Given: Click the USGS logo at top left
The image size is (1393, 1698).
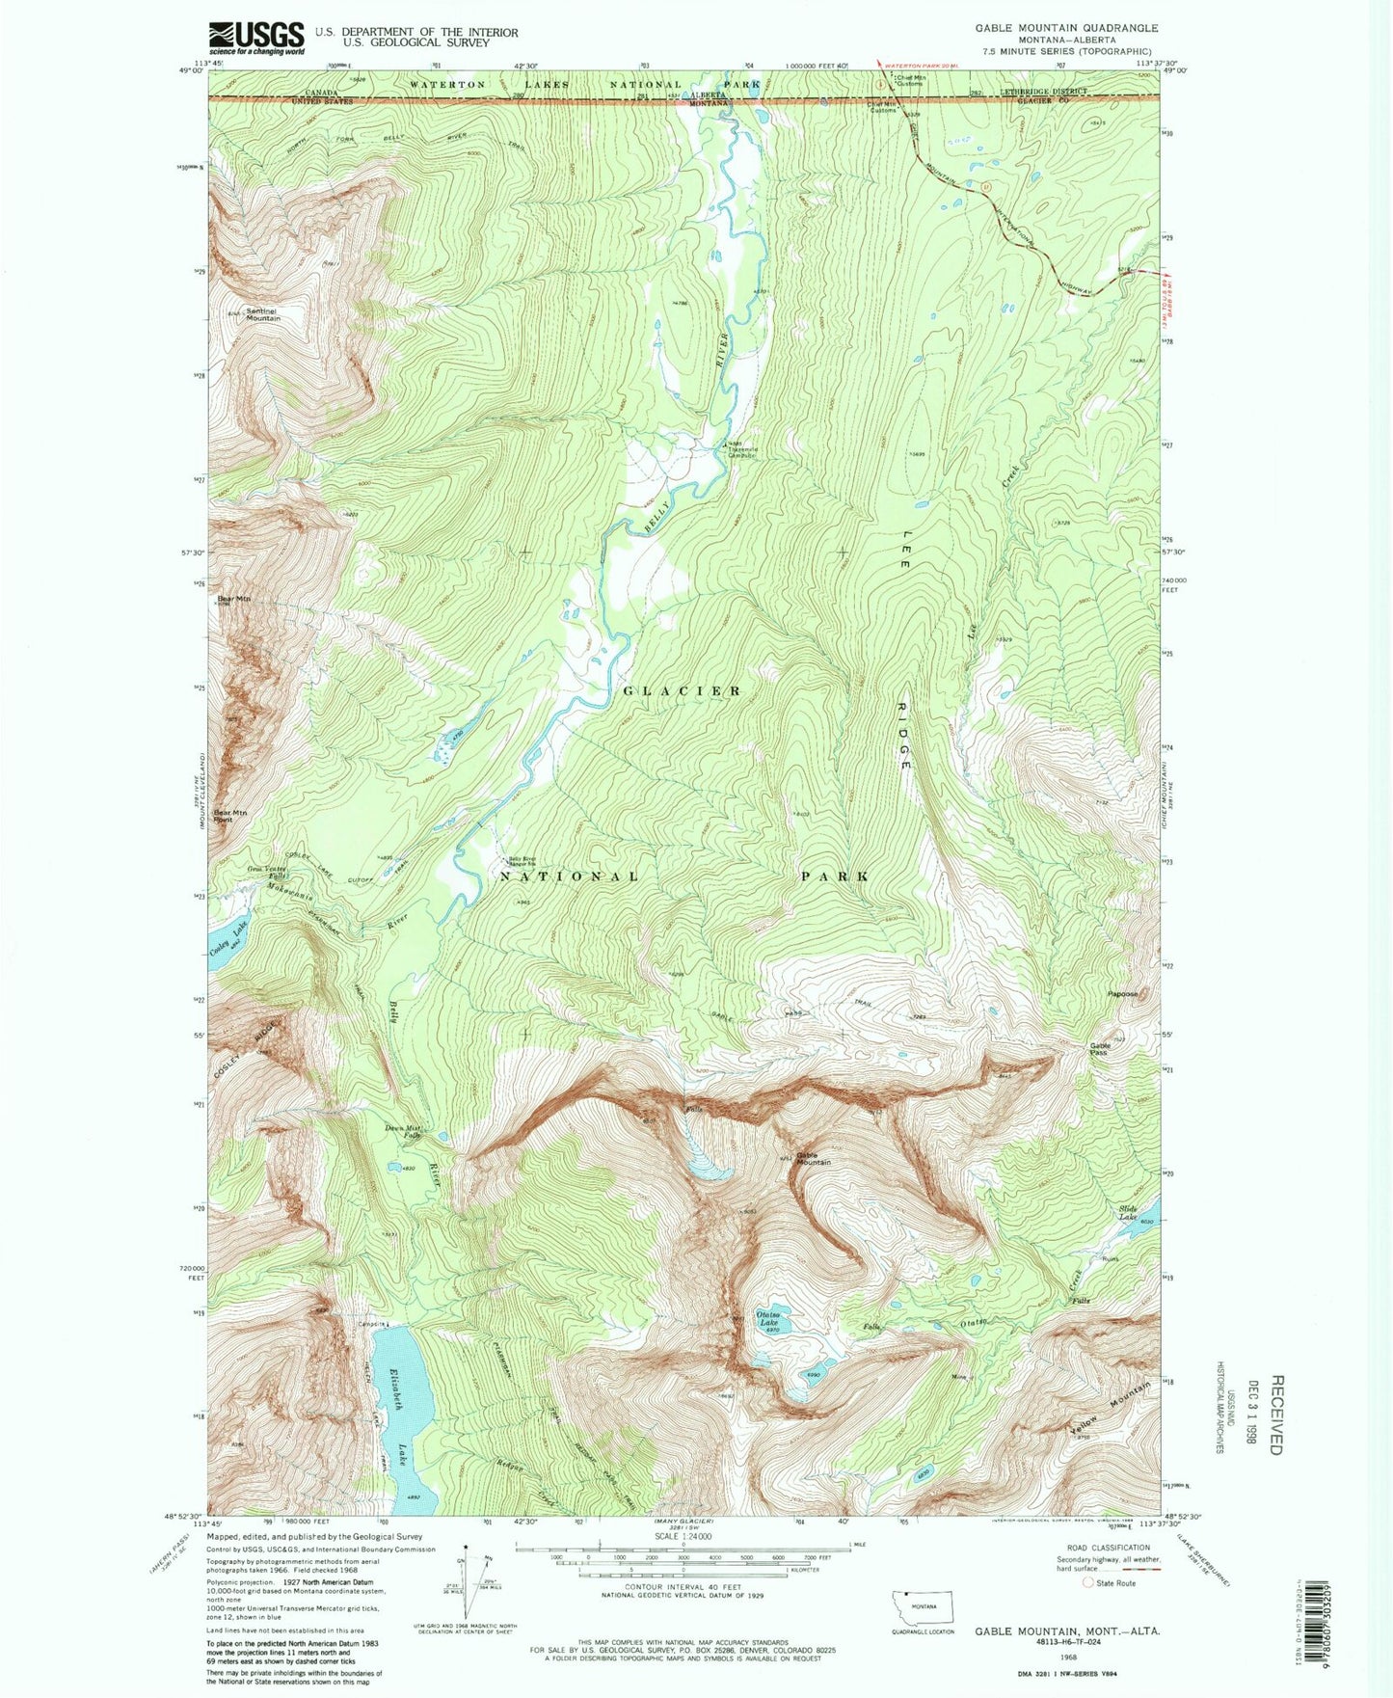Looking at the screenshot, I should coord(256,38).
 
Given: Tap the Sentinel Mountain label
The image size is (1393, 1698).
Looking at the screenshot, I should coord(262,314).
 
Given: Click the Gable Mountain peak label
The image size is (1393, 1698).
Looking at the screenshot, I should coord(813,1159).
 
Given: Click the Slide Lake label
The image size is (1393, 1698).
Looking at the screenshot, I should coord(1128,1213).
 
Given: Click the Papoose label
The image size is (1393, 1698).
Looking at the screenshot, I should coord(1122,994).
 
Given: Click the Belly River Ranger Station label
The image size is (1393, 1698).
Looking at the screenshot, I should coord(522,862).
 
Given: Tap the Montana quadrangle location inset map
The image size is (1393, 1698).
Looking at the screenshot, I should coord(923,1607).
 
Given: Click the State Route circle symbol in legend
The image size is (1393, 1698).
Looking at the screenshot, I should coord(1088,1583).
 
